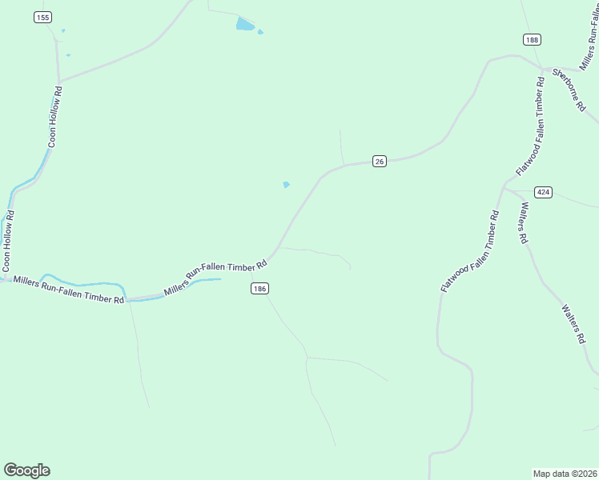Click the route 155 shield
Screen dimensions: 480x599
pos(42,17)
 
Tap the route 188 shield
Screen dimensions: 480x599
pos(532,39)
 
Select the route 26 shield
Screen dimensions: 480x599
pos(380,162)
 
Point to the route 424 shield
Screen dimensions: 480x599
pos(544,192)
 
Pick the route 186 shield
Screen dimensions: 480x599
pos(258,289)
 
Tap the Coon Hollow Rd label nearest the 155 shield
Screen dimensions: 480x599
pos(54,116)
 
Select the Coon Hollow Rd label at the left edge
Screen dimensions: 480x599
pos(9,240)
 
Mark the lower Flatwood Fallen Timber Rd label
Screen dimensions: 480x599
pos(470,251)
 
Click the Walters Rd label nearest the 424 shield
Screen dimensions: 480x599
pos(523,223)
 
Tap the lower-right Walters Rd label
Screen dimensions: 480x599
pos(573,323)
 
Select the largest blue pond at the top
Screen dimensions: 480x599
pos(245,24)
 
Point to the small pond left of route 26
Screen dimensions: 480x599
pos(286,185)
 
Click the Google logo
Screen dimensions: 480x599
pos(26,470)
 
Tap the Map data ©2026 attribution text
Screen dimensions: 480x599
pos(565,473)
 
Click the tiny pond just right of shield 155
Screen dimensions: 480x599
pos(62,31)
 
